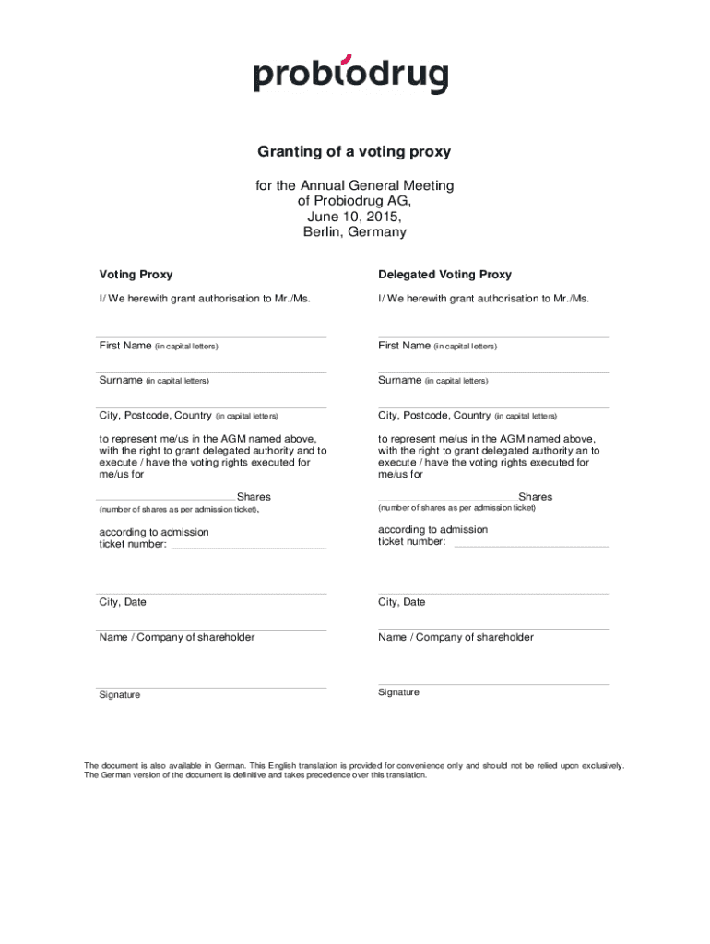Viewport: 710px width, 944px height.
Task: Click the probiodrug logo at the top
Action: point(350,73)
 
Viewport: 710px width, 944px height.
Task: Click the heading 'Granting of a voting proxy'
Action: point(354,151)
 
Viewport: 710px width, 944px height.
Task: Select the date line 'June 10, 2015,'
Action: point(354,217)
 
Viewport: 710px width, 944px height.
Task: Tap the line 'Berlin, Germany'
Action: point(354,232)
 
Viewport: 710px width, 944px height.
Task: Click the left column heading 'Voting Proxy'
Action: point(136,275)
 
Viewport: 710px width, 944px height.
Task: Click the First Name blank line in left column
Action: point(212,336)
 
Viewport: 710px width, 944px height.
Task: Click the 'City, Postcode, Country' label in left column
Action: point(156,415)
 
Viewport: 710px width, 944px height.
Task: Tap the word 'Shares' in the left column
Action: point(254,497)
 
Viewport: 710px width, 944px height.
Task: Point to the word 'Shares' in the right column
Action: point(535,497)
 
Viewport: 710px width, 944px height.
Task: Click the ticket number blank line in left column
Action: point(249,548)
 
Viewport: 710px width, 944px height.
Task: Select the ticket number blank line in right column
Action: point(531,546)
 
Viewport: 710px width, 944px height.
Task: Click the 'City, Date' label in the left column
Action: point(123,602)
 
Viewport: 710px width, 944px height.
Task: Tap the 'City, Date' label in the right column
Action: point(401,602)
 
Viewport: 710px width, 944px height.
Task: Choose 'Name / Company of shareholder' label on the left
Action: point(177,637)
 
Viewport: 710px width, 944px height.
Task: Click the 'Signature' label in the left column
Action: point(120,695)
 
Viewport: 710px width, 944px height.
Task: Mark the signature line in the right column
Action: point(493,684)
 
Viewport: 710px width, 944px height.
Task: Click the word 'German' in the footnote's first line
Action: point(231,765)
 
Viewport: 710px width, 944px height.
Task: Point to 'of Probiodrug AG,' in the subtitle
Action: point(354,201)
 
